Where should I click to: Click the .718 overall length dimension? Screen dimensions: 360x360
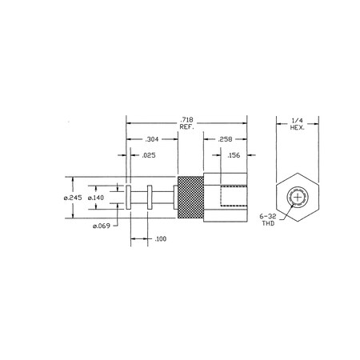[x=186, y=120]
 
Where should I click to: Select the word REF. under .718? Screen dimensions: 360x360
[x=186, y=127]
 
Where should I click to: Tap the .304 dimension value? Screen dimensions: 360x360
[x=152, y=139]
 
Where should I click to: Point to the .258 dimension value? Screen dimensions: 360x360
[x=225, y=139]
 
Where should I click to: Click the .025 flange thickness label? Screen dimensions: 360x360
[x=149, y=155]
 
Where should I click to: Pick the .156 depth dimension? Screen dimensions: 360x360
[x=234, y=155]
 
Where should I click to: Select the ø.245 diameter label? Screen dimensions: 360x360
[x=73, y=198]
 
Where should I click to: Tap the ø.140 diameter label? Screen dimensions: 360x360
[x=96, y=198]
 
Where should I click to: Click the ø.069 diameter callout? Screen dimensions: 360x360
[x=102, y=226]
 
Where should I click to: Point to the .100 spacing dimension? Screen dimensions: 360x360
[x=161, y=239]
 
